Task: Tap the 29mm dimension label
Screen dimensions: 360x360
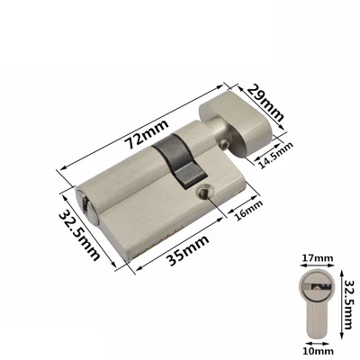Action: [x=265, y=103]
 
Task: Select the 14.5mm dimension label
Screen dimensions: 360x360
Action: [x=275, y=155]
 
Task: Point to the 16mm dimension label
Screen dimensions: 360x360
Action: [x=248, y=210]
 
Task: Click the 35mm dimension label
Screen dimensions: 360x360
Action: [x=188, y=250]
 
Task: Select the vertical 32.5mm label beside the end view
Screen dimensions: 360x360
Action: [x=348, y=305]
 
